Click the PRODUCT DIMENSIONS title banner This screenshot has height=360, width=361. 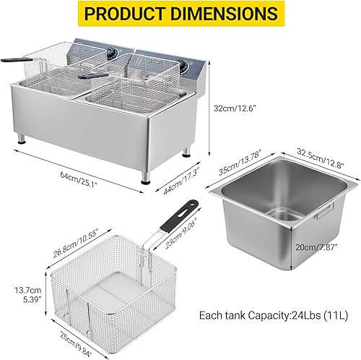coord(180,14)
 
